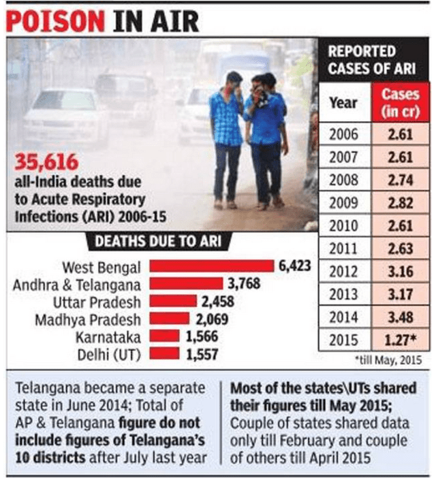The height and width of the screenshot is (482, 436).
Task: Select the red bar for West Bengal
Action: coord(212,266)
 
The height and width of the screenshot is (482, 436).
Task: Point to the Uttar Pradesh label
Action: coord(100,302)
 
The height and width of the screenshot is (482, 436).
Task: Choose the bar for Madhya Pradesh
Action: coord(170,319)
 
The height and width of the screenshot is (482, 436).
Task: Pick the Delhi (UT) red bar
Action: coord(164,353)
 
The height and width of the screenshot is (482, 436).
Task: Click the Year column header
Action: coord(343,103)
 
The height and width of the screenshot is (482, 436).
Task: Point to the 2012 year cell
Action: coord(343,272)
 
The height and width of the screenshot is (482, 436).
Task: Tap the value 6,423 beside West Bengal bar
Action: coord(294,266)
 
